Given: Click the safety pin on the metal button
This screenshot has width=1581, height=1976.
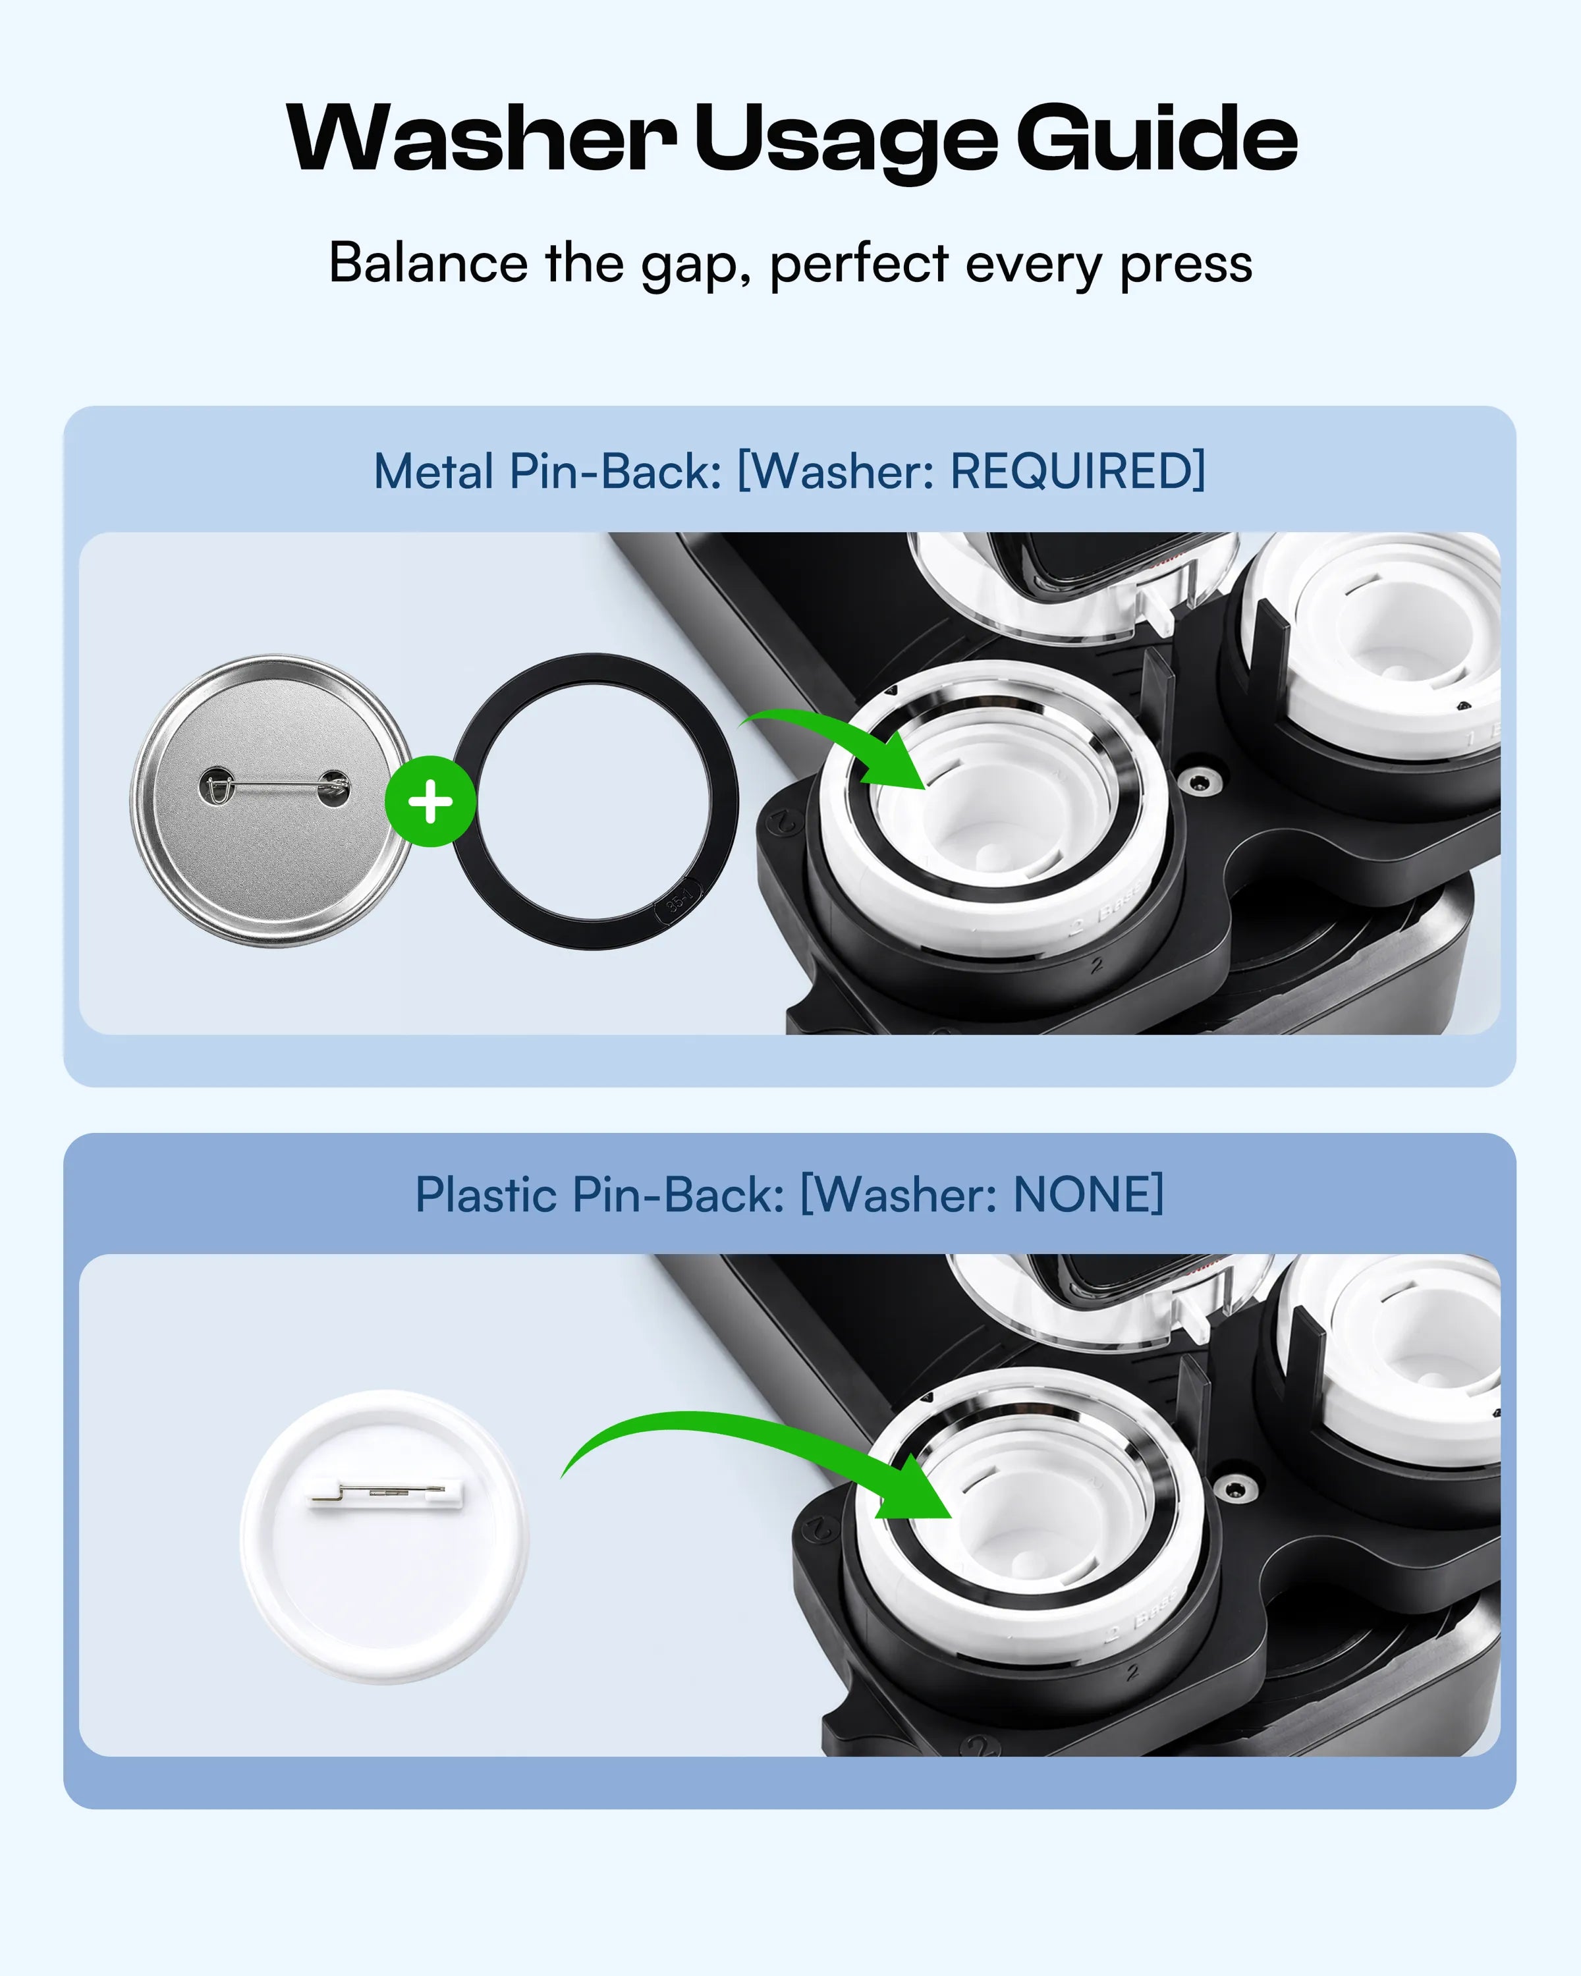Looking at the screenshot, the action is click(x=274, y=786).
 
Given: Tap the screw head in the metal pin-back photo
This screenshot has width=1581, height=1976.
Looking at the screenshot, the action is click(x=1202, y=781).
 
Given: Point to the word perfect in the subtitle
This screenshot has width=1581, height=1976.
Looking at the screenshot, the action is click(x=859, y=266).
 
